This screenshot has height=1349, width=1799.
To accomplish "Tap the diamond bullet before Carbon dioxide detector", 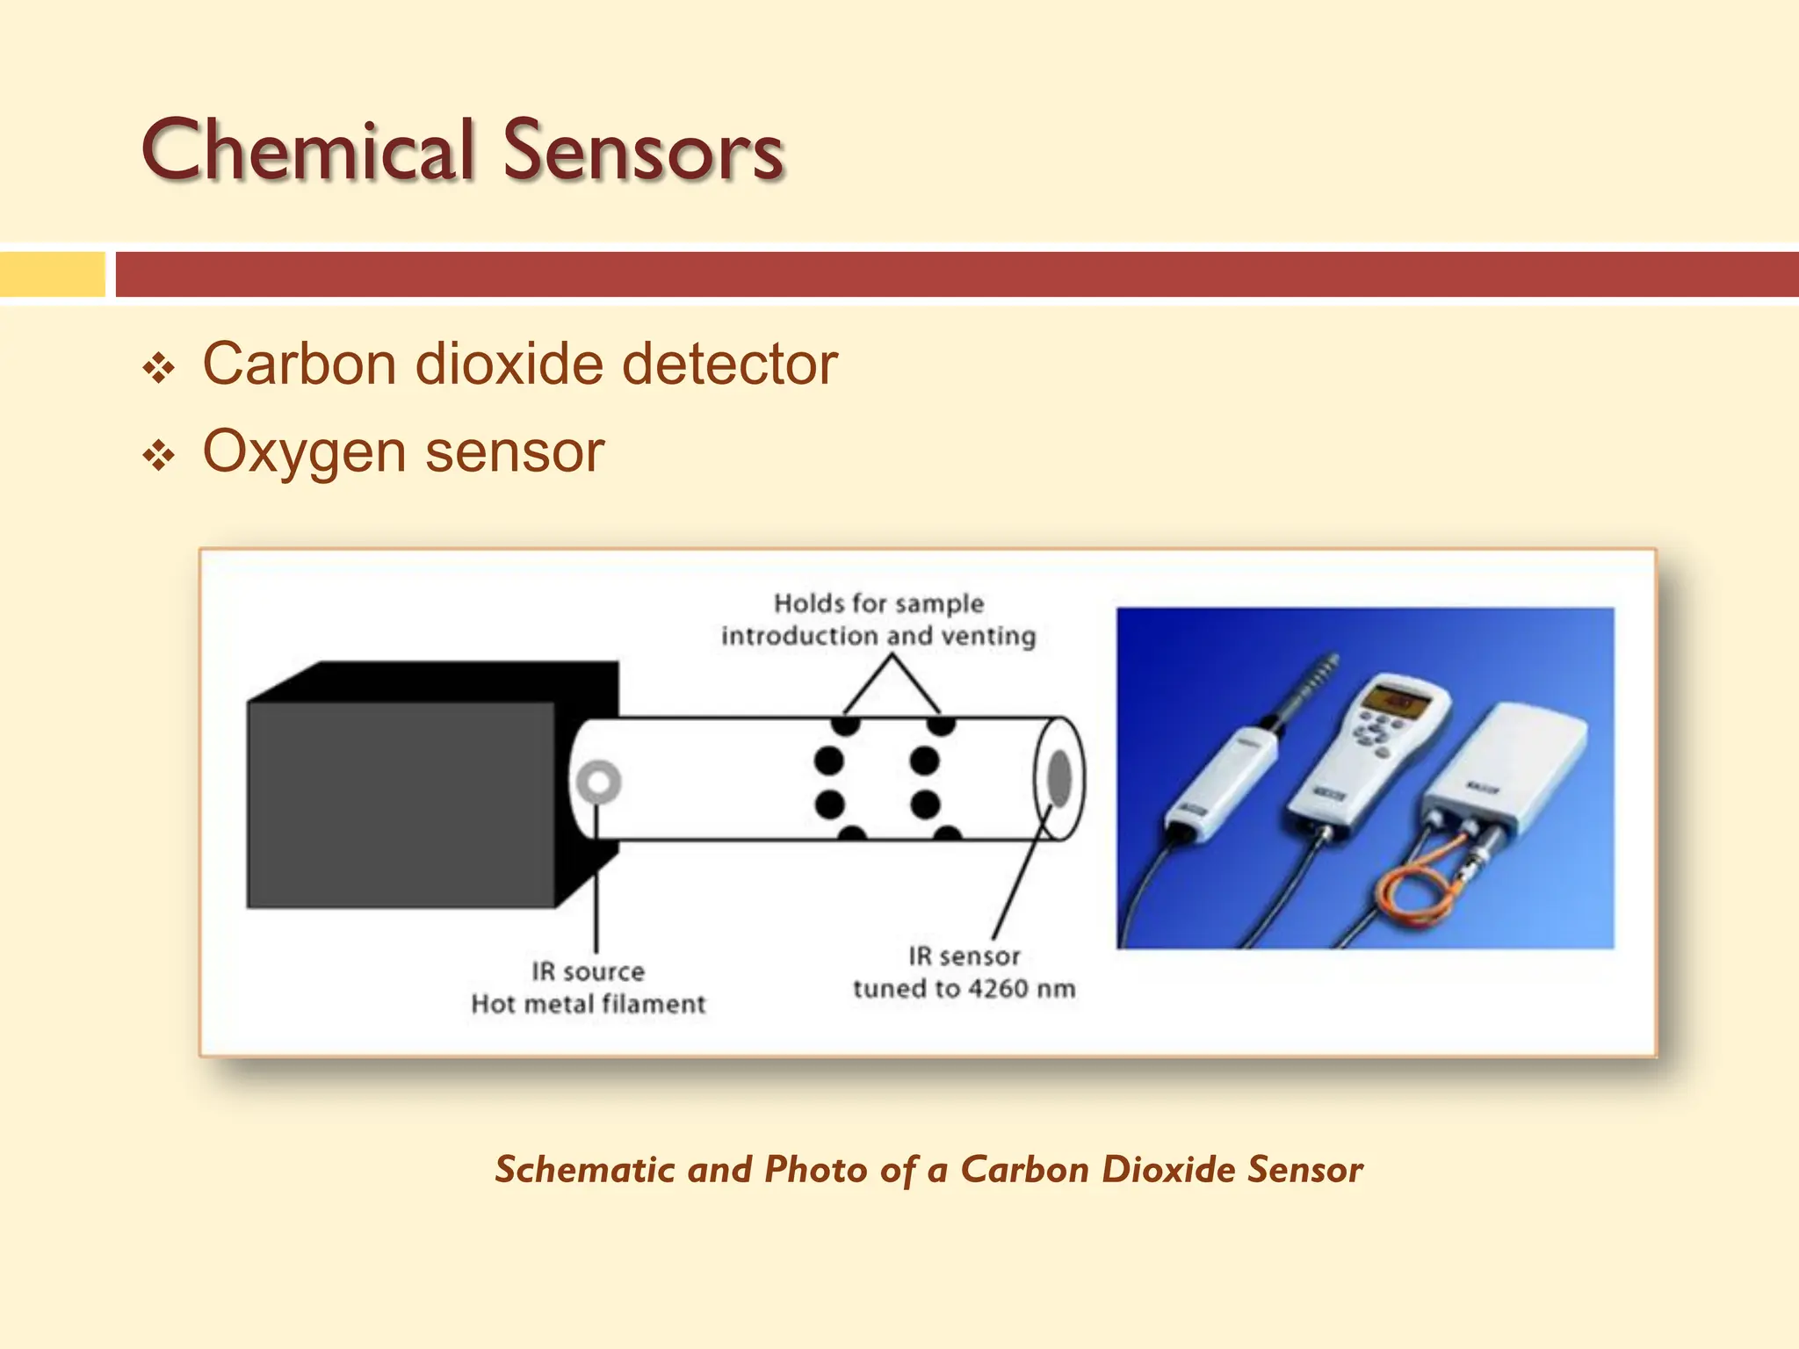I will (x=159, y=368).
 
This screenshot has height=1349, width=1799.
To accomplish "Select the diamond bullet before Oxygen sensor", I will (x=159, y=456).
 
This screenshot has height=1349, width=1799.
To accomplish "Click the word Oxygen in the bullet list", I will (x=304, y=453).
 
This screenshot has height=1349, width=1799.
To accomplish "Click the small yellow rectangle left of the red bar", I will (x=52, y=274).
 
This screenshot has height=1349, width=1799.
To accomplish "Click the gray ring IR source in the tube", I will (x=599, y=781).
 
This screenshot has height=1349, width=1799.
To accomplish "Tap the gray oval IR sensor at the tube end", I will (x=1060, y=778).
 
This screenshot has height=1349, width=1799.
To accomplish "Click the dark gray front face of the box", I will (x=401, y=804).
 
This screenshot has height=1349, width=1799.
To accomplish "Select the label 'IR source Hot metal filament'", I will (x=588, y=988).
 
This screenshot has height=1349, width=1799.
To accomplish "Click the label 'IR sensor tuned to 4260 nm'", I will (x=964, y=972).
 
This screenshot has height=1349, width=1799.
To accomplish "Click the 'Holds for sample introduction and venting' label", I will (x=878, y=619).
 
